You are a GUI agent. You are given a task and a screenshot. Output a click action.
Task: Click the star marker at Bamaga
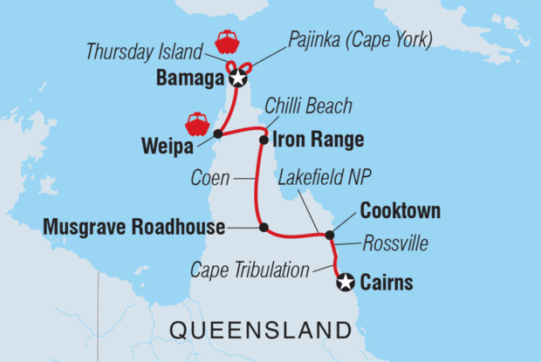pyautogui.click(x=238, y=79)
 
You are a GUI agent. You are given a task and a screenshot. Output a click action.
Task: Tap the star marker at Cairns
pyautogui.click(x=346, y=281)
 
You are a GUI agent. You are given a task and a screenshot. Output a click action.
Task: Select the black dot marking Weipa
pyautogui.click(x=217, y=134)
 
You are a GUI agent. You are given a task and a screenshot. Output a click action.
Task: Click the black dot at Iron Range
pyautogui.click(x=263, y=139)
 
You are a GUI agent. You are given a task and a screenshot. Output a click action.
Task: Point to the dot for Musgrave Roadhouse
pyautogui.click(x=263, y=228)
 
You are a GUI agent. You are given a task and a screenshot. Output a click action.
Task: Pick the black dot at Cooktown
pyautogui.click(x=329, y=234)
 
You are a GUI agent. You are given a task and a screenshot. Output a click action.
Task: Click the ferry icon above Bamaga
pyautogui.click(x=226, y=42)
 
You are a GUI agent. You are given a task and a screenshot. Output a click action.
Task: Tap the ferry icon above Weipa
pyautogui.click(x=196, y=123)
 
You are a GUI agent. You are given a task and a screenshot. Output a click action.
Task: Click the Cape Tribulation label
pyautogui.click(x=250, y=270)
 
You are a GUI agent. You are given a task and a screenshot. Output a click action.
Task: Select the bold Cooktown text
pyautogui.click(x=400, y=212)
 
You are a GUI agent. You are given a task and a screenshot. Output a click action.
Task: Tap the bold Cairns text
pyautogui.click(x=387, y=282)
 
